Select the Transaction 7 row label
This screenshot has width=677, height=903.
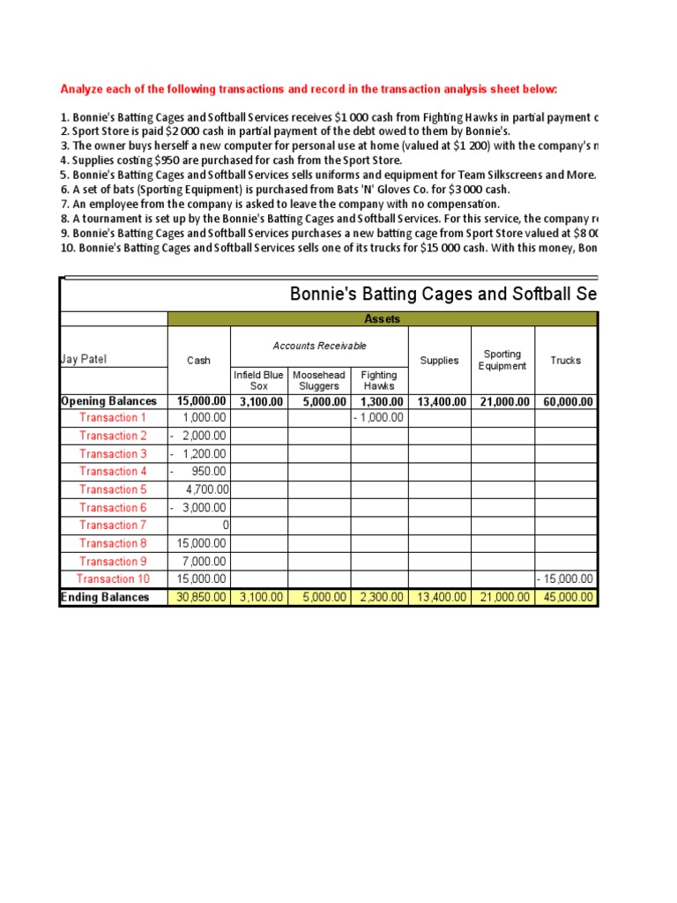pos(113,526)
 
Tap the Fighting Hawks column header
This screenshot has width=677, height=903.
pos(379,381)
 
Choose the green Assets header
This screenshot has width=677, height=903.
pos(382,319)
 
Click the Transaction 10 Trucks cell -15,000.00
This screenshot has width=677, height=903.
pos(565,579)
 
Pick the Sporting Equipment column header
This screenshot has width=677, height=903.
pos(502,360)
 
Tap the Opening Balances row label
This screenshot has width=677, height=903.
pos(108,401)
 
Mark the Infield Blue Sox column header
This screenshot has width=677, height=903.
pos(258,381)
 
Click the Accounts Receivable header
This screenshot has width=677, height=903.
pos(319,347)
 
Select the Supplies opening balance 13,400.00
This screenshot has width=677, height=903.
pos(438,401)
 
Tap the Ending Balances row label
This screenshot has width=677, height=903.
pos(105,598)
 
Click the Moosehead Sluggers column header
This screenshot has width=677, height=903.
pos(318,381)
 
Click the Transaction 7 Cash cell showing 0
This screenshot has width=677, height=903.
pos(225,526)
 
